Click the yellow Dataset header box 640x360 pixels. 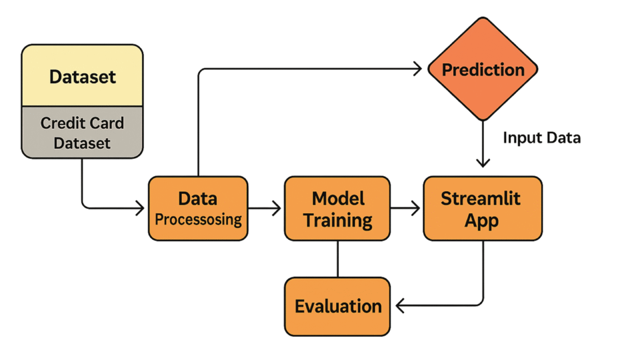tap(82, 76)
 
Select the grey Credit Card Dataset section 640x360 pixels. tap(82, 132)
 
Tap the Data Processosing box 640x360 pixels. tap(198, 208)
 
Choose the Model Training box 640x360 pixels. tap(337, 208)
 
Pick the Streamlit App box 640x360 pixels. tap(483, 208)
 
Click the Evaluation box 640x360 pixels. tap(337, 306)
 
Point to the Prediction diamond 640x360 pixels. tap(483, 69)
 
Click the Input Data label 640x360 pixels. tap(542, 138)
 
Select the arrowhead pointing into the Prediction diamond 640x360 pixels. tap(417, 69)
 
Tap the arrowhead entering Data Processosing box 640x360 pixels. tap(140, 208)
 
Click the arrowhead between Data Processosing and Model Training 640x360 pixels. tap(277, 208)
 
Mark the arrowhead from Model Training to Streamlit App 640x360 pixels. tap(416, 208)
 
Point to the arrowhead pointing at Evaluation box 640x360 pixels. tap(401, 305)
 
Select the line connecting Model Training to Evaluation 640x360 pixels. tap(337, 259)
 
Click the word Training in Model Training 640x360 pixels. tap(337, 221)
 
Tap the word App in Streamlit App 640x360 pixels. tap(482, 221)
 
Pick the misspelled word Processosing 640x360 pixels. tap(198, 219)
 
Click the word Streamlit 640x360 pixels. tap(481, 199)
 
